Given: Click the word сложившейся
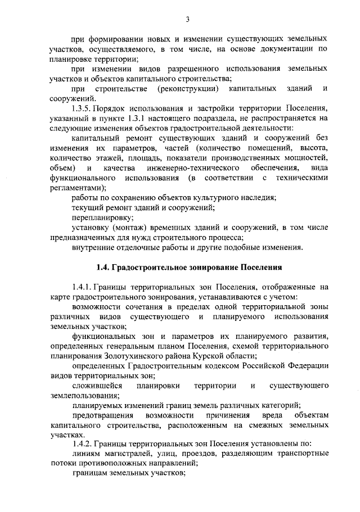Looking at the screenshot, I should [96, 386].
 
